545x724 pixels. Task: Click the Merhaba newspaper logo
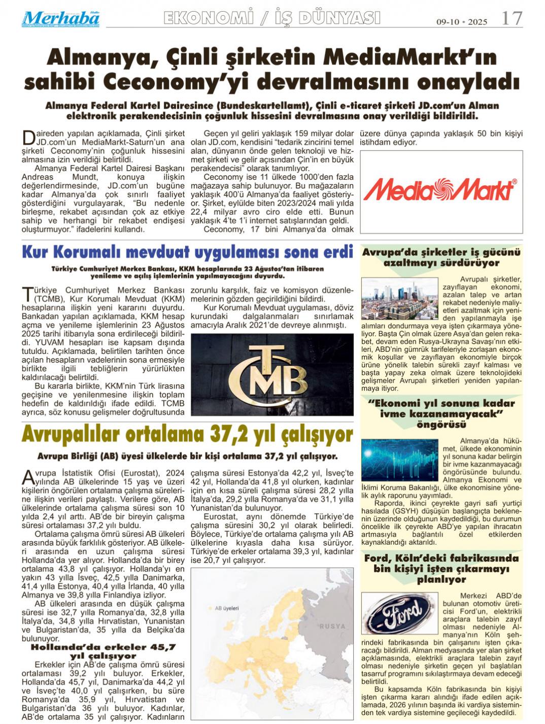click(60, 19)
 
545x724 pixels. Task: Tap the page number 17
click(511, 18)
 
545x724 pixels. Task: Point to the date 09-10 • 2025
click(462, 22)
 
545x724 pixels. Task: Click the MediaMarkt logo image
click(440, 190)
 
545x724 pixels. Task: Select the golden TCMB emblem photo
click(272, 375)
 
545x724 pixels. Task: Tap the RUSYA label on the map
click(332, 626)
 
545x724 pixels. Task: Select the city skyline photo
click(399, 299)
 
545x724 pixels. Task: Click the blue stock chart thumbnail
click(399, 459)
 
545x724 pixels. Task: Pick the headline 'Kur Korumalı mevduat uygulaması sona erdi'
click(187, 252)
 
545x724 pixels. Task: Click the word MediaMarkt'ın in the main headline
click(410, 57)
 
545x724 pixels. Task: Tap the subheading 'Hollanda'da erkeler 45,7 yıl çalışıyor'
click(103, 651)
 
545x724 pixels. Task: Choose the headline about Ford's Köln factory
click(441, 569)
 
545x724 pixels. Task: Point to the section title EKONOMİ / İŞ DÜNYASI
click(272, 18)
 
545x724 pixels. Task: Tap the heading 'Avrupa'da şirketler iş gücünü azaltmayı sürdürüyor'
click(441, 257)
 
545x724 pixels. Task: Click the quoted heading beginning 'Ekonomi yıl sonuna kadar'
click(441, 414)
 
